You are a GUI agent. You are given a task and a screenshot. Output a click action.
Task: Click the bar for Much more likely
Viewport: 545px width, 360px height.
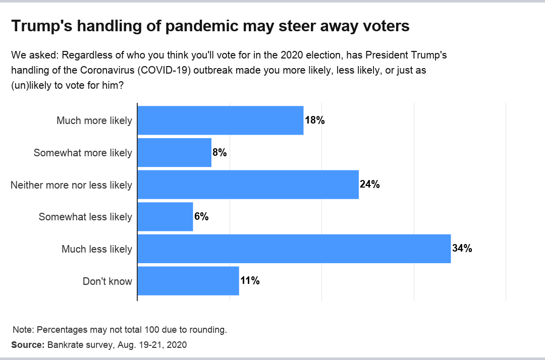(x=220, y=121)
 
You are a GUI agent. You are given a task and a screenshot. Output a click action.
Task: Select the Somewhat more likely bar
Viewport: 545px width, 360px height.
(x=174, y=152)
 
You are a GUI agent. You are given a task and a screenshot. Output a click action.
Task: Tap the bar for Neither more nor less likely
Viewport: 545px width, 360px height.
(x=248, y=185)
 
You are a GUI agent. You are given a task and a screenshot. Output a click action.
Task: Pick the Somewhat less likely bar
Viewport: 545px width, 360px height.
(x=165, y=217)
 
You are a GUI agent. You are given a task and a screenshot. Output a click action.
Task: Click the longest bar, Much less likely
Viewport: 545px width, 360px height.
(x=294, y=249)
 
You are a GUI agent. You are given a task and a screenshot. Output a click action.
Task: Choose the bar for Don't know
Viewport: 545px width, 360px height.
(x=188, y=281)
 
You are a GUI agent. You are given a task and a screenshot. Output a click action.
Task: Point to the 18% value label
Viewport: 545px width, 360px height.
(x=314, y=121)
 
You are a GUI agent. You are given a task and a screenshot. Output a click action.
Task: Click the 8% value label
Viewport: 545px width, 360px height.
(x=220, y=152)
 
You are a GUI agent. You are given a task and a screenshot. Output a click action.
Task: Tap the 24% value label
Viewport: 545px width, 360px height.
(x=369, y=185)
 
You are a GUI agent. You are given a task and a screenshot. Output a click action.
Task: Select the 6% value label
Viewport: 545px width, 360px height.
(x=201, y=217)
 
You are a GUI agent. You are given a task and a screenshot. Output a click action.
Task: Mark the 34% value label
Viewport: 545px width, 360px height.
(x=462, y=249)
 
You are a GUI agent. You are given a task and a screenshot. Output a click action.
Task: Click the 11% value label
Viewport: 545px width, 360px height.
(x=250, y=281)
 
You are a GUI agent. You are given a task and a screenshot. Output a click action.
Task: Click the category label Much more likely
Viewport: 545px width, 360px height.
(x=94, y=121)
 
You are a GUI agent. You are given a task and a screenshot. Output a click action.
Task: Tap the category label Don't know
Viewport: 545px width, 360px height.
(x=107, y=281)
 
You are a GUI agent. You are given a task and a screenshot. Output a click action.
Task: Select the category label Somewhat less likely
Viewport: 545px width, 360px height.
(x=85, y=217)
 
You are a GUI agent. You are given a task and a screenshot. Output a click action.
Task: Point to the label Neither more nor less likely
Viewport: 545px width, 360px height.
(x=71, y=185)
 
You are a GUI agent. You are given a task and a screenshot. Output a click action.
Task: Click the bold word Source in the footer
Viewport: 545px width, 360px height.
(x=28, y=345)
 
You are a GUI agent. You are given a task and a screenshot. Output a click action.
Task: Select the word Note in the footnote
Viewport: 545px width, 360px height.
(x=22, y=330)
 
